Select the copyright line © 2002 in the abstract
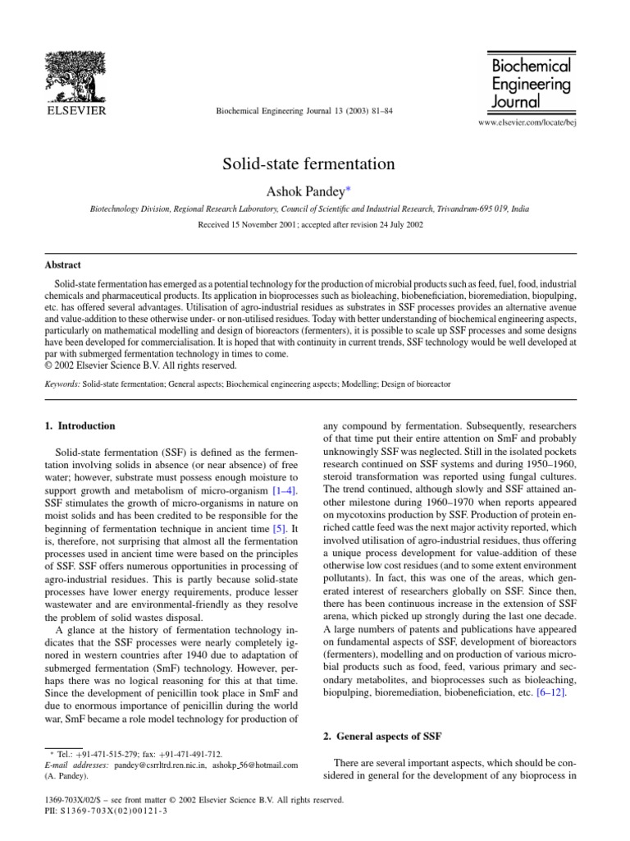[139, 365]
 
